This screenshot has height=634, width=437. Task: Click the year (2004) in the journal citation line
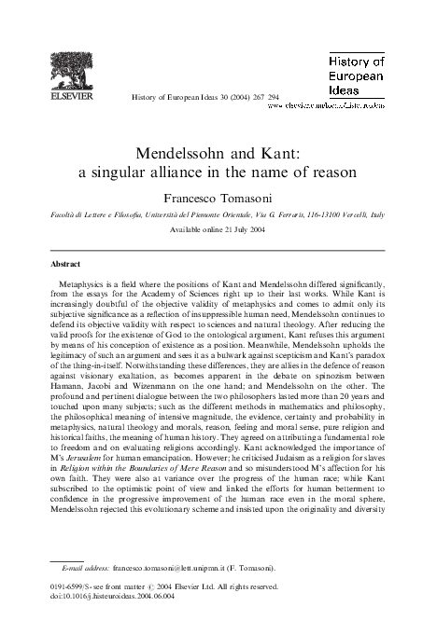[x=225, y=97]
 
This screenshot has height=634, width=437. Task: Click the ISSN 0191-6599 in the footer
[x=71, y=586]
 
